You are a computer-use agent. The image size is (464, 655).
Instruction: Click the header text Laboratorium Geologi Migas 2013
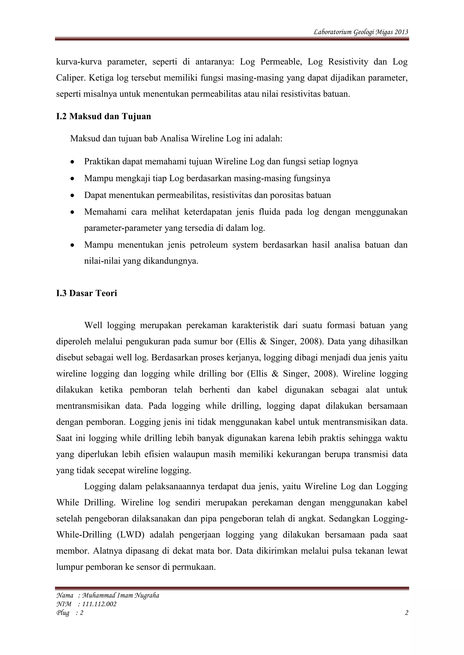[360, 32]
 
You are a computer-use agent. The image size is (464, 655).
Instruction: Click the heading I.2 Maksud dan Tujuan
[104, 116]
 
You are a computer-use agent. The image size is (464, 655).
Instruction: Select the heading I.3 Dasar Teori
[87, 293]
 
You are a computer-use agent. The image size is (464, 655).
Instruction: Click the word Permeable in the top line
[281, 62]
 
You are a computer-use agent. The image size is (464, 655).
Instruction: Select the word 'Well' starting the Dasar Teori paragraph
[93, 325]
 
